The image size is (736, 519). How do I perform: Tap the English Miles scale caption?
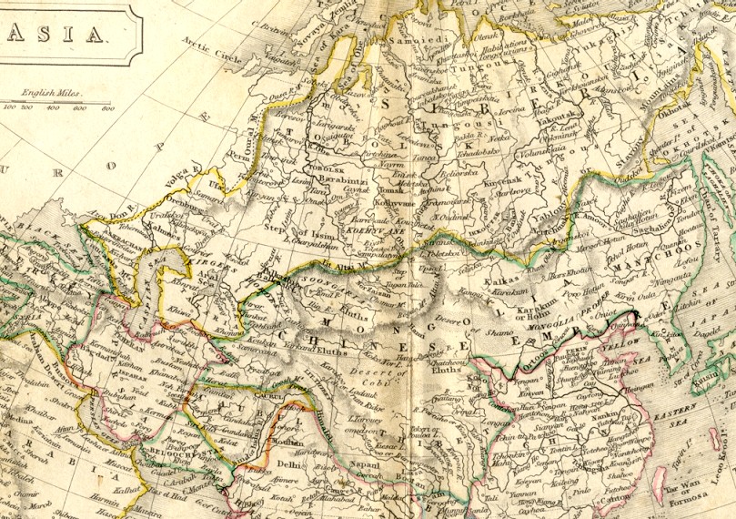click(52, 93)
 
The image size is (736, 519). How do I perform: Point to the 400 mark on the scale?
click(53, 107)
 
